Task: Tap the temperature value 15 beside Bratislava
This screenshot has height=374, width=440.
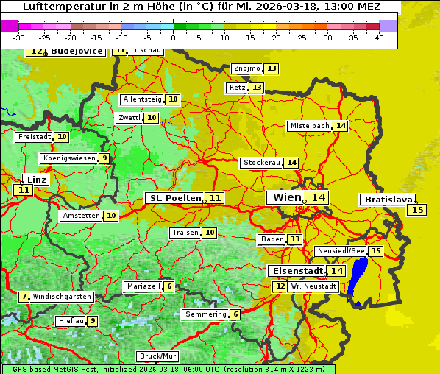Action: click(x=417, y=211)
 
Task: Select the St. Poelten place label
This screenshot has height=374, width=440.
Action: click(x=174, y=198)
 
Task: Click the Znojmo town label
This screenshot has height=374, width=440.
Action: click(x=246, y=68)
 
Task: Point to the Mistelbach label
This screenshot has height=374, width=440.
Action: click(x=309, y=126)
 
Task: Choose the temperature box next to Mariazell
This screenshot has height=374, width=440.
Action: click(x=169, y=286)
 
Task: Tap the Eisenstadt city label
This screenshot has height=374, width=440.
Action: click(x=295, y=271)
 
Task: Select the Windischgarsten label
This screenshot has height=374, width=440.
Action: click(x=62, y=297)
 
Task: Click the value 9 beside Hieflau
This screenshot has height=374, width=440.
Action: click(x=93, y=321)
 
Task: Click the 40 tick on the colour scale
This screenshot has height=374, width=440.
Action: click(x=379, y=38)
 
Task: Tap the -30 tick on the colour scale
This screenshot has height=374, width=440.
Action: click(x=19, y=38)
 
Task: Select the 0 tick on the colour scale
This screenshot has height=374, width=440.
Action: click(x=174, y=38)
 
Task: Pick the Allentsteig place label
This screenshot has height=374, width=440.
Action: click(x=143, y=99)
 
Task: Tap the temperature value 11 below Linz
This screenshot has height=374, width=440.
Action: click(x=24, y=190)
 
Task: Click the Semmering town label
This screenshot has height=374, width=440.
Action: click(x=205, y=314)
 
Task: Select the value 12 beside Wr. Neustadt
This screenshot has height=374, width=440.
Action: click(x=280, y=286)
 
